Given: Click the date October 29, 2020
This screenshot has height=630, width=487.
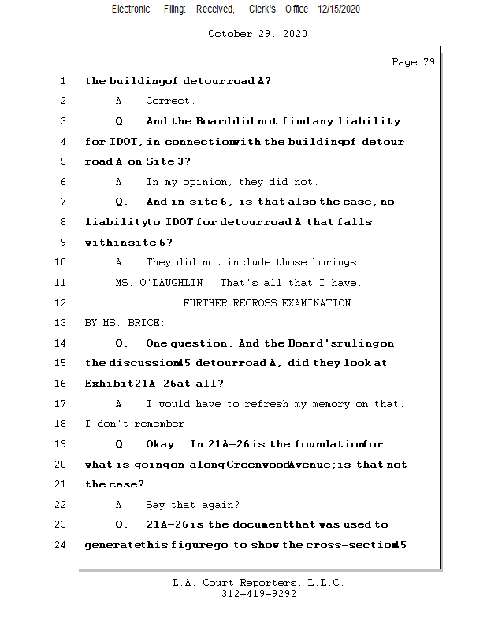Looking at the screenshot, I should pos(258,34).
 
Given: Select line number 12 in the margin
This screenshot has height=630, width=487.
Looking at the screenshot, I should pos(62,302).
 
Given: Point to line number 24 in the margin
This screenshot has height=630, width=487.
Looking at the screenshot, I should pos(62,544).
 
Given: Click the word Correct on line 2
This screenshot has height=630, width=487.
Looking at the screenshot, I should pos(170,101).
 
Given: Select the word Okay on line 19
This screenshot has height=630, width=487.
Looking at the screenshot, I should pos(162,444).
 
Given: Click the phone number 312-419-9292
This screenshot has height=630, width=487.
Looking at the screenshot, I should pos(258,595).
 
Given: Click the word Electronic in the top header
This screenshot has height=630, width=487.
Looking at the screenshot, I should pos(131,9).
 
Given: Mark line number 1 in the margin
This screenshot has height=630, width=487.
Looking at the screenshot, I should pos(62,81).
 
